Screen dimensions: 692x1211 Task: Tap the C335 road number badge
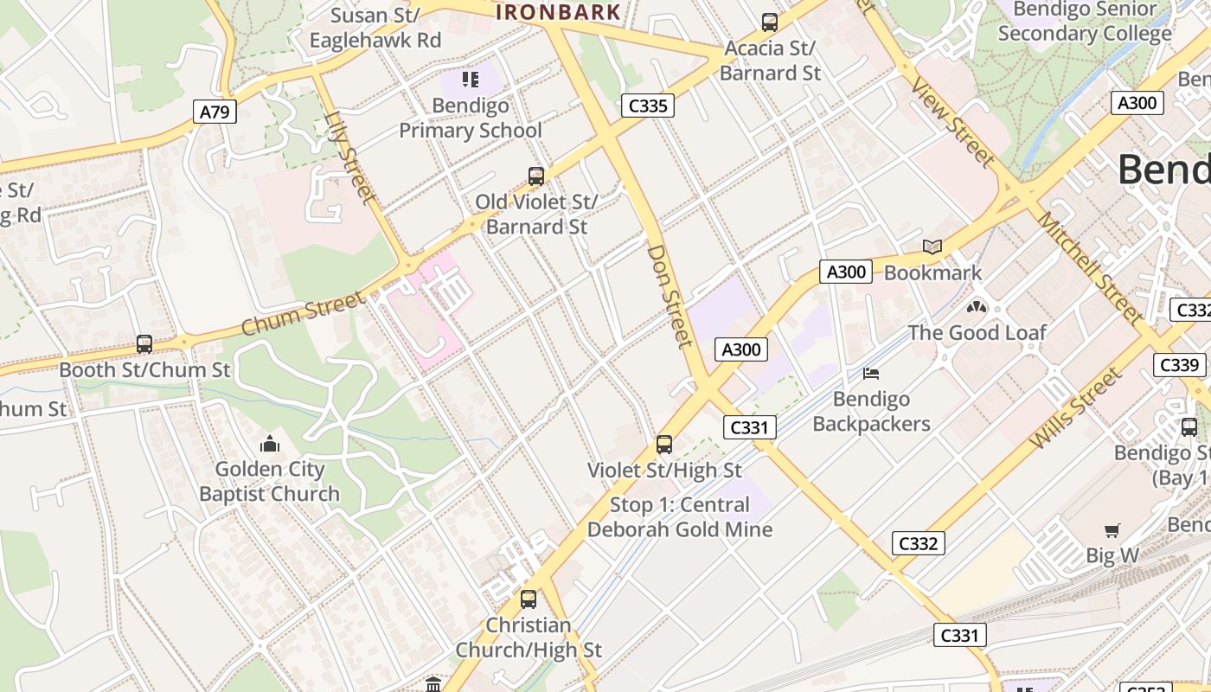pos(647,106)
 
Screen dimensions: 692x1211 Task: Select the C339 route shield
pos(1179,365)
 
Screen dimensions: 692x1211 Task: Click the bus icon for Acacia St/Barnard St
pos(769,22)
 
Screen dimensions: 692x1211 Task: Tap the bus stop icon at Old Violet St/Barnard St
pos(536,176)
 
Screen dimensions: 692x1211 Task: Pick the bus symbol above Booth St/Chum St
pos(144,344)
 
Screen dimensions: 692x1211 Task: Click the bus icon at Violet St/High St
pos(664,445)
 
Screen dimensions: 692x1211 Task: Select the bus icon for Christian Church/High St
pos(528,599)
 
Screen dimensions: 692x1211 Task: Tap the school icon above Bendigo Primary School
pos(471,80)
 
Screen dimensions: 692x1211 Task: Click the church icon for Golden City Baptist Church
pos(270,445)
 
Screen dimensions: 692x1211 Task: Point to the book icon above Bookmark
pos(932,247)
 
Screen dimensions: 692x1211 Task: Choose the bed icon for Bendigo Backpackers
pos(871,374)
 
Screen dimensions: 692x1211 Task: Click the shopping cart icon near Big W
pos(1112,530)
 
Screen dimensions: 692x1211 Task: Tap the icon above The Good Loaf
pos(977,307)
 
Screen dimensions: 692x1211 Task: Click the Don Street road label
pos(671,296)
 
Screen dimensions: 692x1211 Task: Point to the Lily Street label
pos(350,157)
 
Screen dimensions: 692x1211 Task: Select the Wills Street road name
pos(1076,409)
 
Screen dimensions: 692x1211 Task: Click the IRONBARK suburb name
pos(558,12)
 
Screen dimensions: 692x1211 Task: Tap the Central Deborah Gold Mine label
pos(680,517)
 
